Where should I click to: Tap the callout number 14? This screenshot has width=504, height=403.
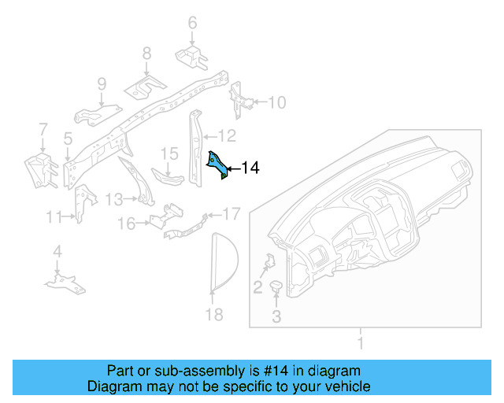click(x=250, y=168)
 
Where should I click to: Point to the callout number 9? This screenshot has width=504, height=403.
click(x=102, y=83)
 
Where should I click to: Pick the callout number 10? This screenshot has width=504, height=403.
click(x=278, y=102)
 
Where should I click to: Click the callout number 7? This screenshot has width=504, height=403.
click(x=43, y=128)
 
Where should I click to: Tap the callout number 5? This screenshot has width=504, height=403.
click(x=69, y=139)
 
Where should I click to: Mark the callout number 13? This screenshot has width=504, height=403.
click(x=114, y=198)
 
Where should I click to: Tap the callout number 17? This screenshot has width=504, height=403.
click(x=231, y=213)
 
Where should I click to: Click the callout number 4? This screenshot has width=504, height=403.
click(x=57, y=252)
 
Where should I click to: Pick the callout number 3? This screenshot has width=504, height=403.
click(x=276, y=317)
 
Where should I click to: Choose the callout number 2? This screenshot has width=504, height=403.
click(x=258, y=287)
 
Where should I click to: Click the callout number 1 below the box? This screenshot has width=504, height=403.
click(x=361, y=344)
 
